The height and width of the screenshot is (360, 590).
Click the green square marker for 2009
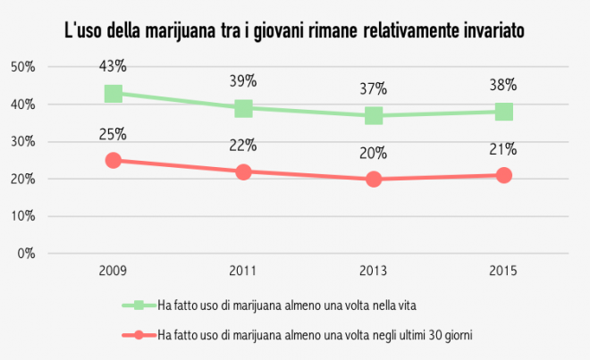(x=114, y=94)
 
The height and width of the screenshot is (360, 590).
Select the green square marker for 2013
(x=374, y=115)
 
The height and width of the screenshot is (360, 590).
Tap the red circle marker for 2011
(x=243, y=172)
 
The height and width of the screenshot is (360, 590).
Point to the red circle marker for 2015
(x=504, y=175)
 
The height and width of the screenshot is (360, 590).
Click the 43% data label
(x=114, y=66)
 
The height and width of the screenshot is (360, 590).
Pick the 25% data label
(x=114, y=134)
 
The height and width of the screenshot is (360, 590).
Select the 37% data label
(x=374, y=88)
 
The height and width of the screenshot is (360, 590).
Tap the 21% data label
(x=504, y=149)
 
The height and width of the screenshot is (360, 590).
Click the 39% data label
(x=243, y=81)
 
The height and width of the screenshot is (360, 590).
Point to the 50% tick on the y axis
(x=23, y=67)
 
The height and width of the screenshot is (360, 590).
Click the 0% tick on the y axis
(x=26, y=253)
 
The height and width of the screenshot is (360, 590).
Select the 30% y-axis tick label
(x=23, y=141)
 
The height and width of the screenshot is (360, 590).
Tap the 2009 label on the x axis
(x=114, y=270)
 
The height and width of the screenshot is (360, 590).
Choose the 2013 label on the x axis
(x=374, y=270)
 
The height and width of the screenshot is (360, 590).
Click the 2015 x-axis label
(x=504, y=270)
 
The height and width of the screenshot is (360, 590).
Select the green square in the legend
(x=139, y=306)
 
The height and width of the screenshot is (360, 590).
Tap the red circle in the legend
(x=139, y=335)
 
